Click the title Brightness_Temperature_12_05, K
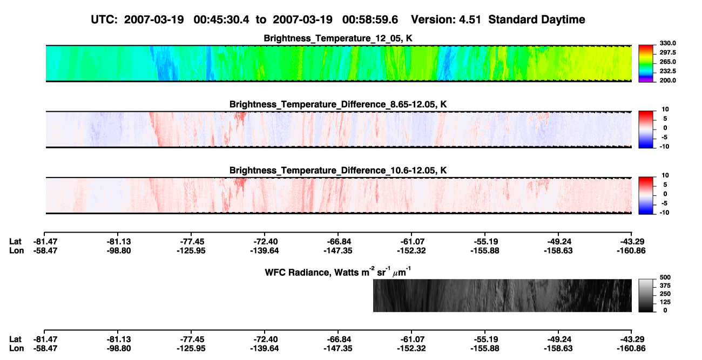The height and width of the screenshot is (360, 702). pyautogui.click(x=338, y=38)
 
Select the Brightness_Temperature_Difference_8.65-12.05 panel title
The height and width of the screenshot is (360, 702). pyautogui.click(x=338, y=104)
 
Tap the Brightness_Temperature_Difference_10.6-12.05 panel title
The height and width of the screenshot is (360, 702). pyautogui.click(x=338, y=171)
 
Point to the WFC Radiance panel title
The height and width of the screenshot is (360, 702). pyautogui.click(x=338, y=271)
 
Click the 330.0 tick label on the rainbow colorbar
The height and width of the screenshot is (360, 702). pyautogui.click(x=667, y=43)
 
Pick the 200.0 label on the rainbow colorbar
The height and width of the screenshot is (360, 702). pyautogui.click(x=667, y=80)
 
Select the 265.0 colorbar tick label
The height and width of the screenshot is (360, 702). pyautogui.click(x=667, y=62)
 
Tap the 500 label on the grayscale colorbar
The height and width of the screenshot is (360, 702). pyautogui.click(x=665, y=277)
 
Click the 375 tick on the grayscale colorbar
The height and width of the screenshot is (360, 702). pyautogui.click(x=665, y=286)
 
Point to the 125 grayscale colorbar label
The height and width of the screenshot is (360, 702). pyautogui.click(x=665, y=302)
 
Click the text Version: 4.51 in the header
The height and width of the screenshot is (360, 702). pyautogui.click(x=446, y=19)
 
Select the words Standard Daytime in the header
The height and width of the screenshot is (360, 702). pyautogui.click(x=537, y=19)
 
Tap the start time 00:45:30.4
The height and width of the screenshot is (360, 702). pyautogui.click(x=221, y=19)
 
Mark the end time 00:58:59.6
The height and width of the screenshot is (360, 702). pyautogui.click(x=370, y=19)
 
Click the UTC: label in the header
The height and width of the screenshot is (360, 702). pyautogui.click(x=104, y=19)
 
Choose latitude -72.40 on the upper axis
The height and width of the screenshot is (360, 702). pyautogui.click(x=265, y=242)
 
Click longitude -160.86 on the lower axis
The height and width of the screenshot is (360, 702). pyautogui.click(x=631, y=349)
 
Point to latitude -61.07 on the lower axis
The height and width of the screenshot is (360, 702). pyautogui.click(x=411, y=339)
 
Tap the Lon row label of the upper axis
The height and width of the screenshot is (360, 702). pyautogui.click(x=16, y=250)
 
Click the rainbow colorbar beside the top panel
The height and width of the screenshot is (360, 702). pyautogui.click(x=646, y=64)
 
